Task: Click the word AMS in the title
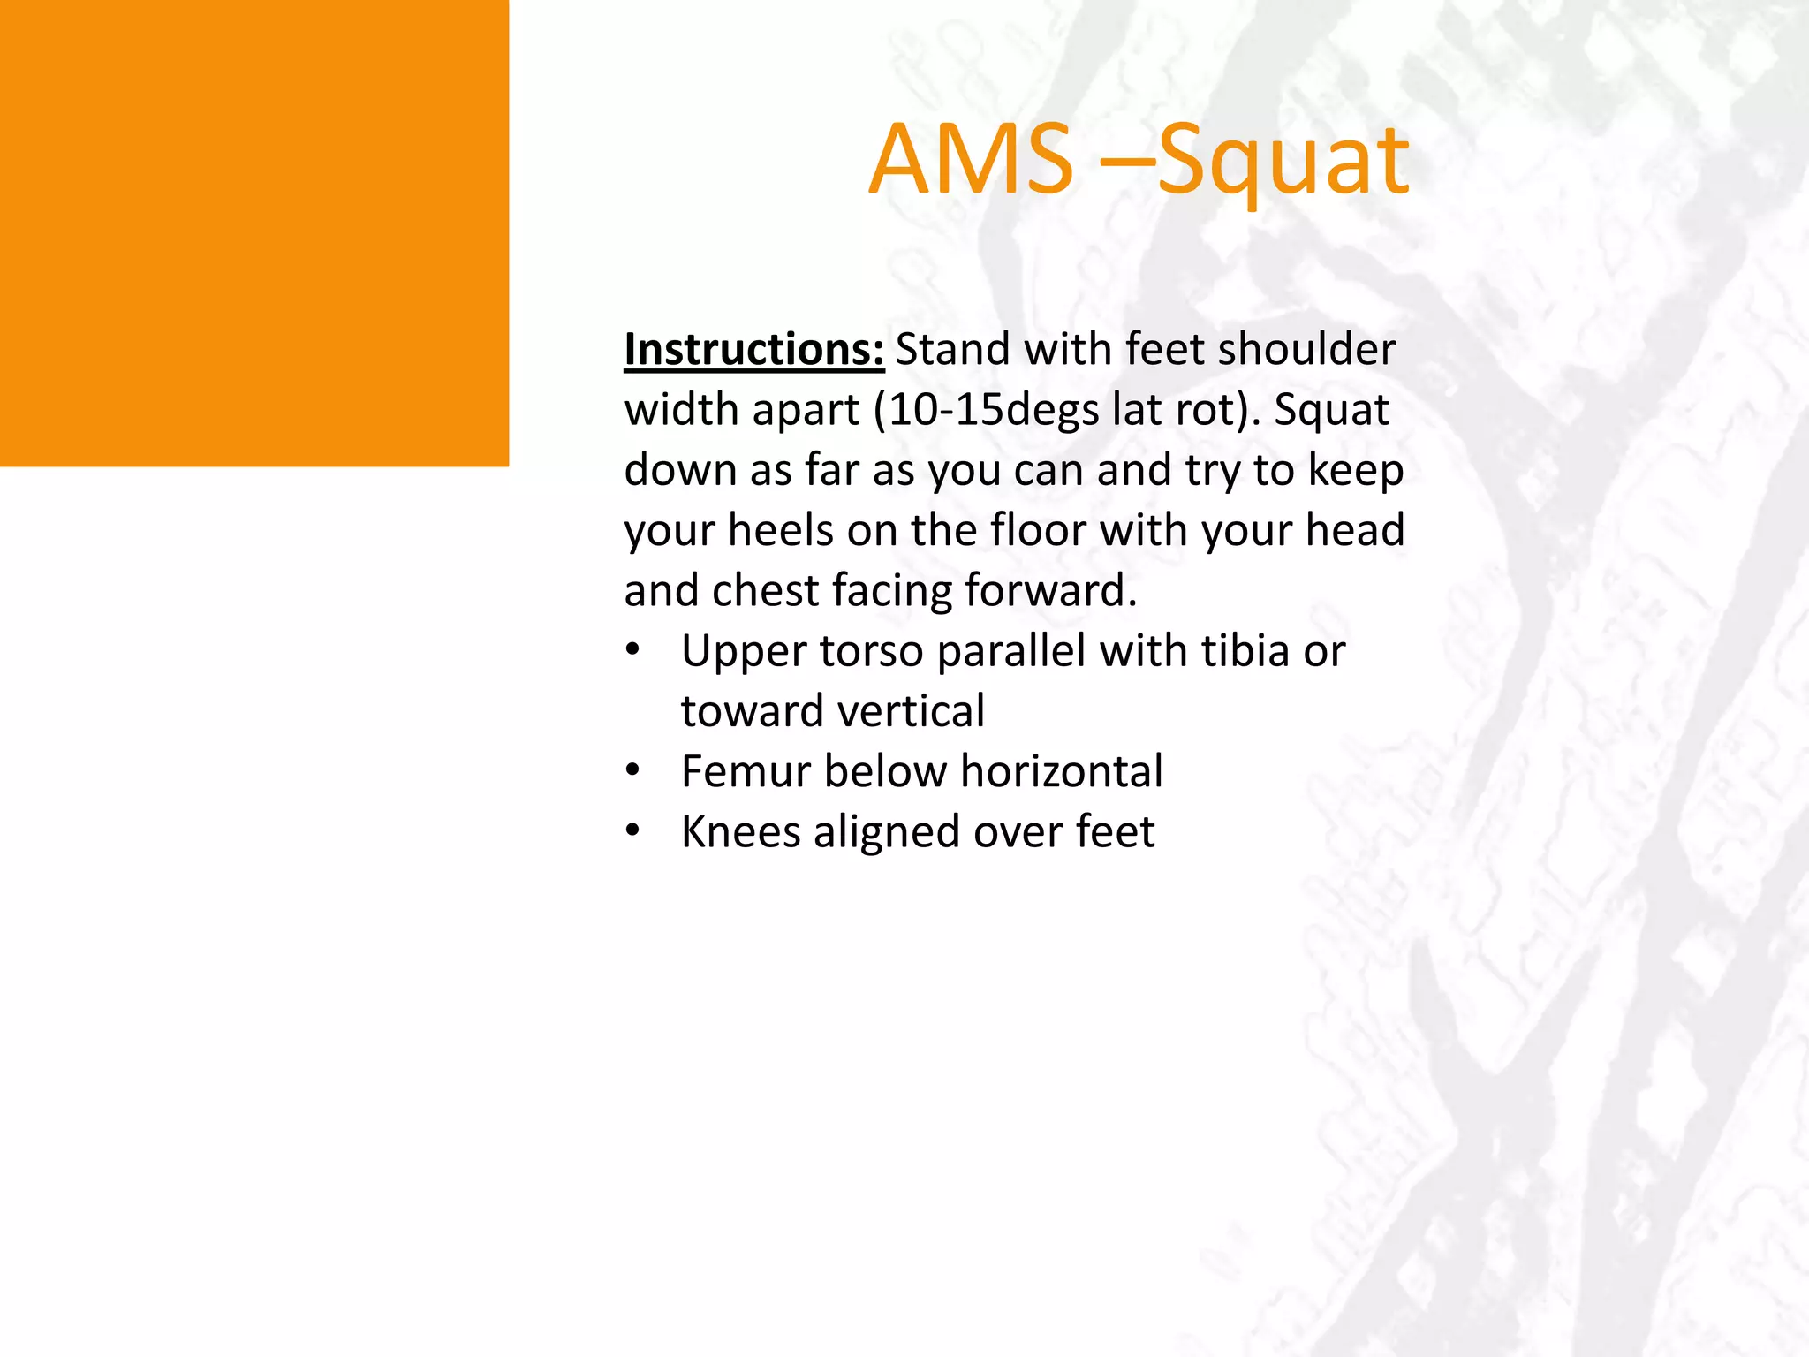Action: click(x=971, y=160)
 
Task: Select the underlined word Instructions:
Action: click(x=753, y=349)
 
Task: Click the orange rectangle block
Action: click(x=254, y=232)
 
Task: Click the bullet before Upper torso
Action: click(x=632, y=651)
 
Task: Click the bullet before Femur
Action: click(x=632, y=771)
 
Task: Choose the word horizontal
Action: click(x=1062, y=771)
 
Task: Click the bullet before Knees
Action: click(x=632, y=831)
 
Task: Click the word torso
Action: click(x=872, y=651)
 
